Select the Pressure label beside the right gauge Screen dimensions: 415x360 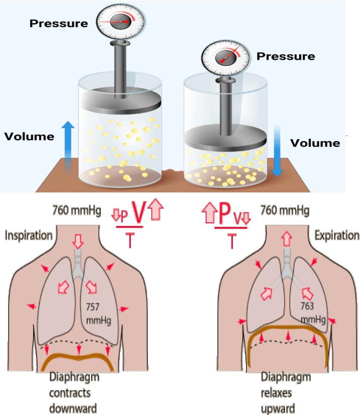coord(286,56)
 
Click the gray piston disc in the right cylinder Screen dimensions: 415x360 coord(225,137)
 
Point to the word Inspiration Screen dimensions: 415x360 coord(29,235)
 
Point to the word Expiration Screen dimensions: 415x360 coord(336,235)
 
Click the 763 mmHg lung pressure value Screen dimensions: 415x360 coord(311,312)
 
